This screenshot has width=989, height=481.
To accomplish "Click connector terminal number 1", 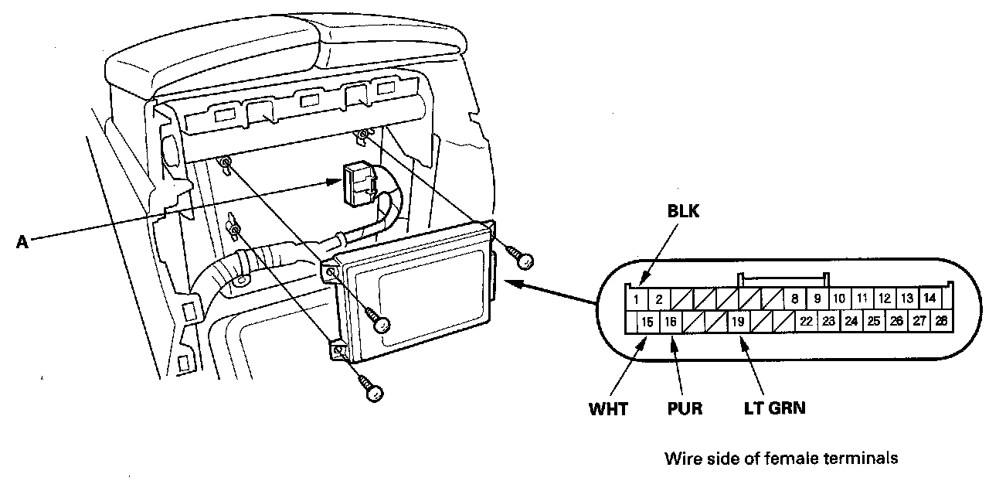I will pyautogui.click(x=635, y=299).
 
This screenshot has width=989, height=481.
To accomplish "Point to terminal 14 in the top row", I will pyautogui.click(x=930, y=298).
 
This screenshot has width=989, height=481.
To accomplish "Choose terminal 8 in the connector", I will pyautogui.click(x=794, y=298).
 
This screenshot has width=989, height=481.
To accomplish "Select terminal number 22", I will pyautogui.click(x=806, y=321).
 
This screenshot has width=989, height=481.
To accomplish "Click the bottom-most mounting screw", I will pyautogui.click(x=373, y=393).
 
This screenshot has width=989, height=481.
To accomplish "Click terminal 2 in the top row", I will pyautogui.click(x=658, y=299).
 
